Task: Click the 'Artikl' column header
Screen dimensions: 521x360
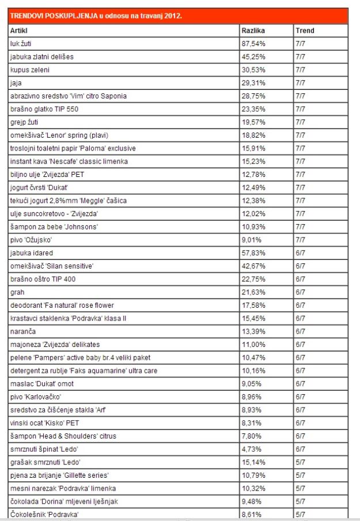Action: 19,31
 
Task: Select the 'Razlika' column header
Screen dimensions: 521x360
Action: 252,31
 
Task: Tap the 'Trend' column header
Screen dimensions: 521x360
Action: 305,31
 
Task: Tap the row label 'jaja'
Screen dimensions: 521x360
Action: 16,83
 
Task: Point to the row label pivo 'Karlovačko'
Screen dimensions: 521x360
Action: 35,397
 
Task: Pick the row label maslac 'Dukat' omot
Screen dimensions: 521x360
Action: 42,384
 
